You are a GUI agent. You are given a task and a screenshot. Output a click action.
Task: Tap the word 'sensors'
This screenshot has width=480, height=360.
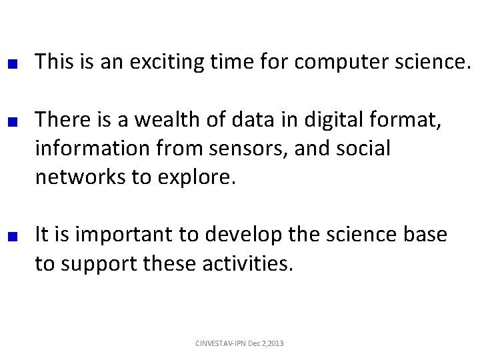[237, 148]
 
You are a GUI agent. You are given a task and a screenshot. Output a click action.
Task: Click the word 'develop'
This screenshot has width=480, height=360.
[246, 235]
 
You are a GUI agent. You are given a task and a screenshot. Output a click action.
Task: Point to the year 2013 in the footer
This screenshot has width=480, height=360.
[273, 343]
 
